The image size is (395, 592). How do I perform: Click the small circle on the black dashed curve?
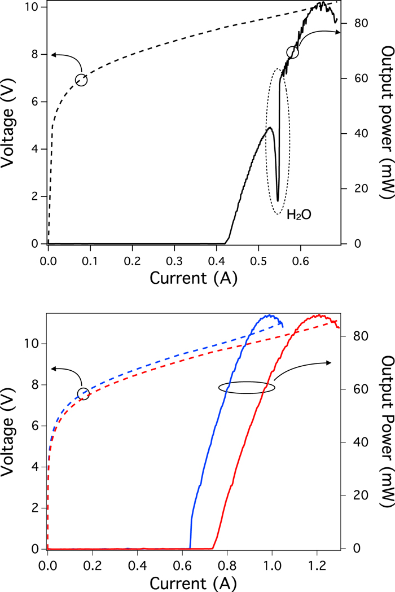click(x=81, y=80)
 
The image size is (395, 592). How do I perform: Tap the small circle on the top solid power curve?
click(x=292, y=52)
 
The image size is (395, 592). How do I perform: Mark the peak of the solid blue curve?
click(x=271, y=315)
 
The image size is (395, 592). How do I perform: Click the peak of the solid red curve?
click(x=320, y=315)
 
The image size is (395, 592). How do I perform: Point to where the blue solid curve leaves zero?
click(x=190, y=547)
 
